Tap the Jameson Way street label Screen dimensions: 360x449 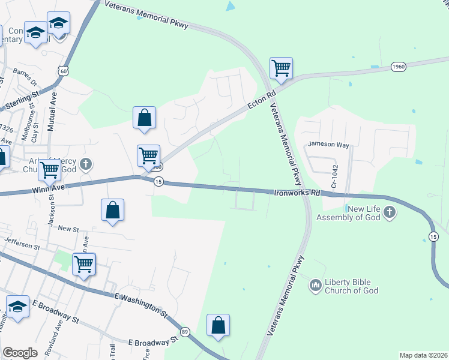click(x=328, y=145)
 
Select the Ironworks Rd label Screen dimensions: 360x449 click(x=297, y=193)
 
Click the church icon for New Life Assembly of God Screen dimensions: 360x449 click(x=390, y=212)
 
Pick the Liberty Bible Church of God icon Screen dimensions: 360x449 click(x=315, y=286)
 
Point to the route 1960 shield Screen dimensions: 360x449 click(x=399, y=66)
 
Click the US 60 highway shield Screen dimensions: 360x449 click(x=64, y=71)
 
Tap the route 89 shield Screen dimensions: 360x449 click(x=185, y=332)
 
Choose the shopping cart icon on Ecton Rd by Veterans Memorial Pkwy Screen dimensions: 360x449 click(x=281, y=68)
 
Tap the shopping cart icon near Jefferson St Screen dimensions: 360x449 click(x=83, y=264)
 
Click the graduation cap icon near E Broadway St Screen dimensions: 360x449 click(x=18, y=307)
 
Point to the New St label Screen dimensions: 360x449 click(x=68, y=229)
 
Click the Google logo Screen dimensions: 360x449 click(x=20, y=353)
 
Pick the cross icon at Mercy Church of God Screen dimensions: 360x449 click(x=86, y=164)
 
